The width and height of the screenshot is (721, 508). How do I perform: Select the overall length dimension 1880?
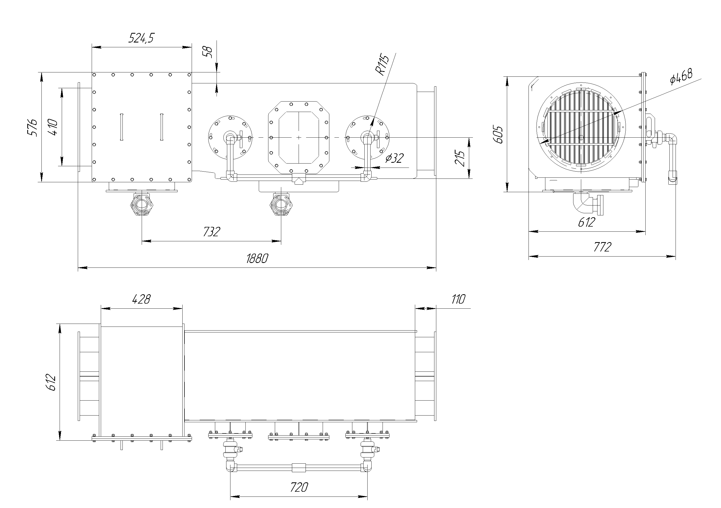257,259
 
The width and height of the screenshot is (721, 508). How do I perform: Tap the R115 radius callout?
382,65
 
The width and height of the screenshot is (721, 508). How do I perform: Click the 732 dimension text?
211,232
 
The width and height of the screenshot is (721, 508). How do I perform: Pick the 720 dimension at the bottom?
299,487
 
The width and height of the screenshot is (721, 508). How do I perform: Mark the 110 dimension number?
458,299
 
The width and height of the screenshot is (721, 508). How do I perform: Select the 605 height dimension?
498,134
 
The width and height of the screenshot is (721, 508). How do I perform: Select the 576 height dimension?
32,127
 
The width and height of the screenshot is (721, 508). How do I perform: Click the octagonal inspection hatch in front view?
299,138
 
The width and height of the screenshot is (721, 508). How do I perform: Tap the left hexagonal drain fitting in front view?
142,205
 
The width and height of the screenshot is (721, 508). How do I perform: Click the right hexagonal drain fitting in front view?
281,205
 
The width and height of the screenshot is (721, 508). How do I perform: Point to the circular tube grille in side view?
581,127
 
